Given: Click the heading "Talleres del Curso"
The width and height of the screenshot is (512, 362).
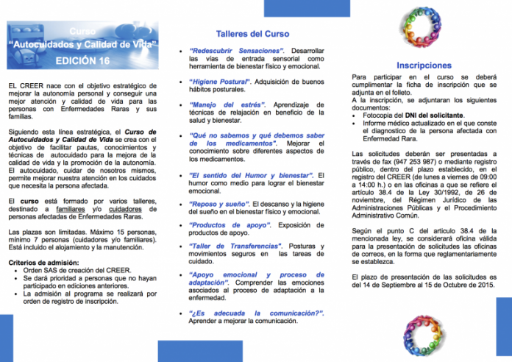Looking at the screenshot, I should pyautogui.click(x=252, y=34).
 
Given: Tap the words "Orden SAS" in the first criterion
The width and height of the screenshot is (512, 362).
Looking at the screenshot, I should pyautogui.click(x=43, y=270).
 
